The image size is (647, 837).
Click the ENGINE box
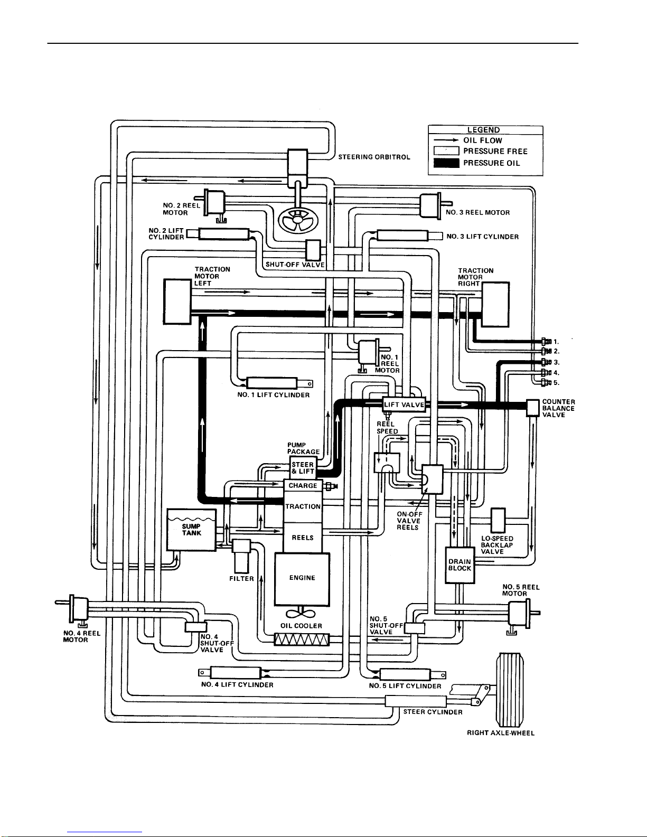tap(302, 579)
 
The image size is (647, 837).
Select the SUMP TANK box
tap(191, 530)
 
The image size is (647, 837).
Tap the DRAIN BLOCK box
tap(460, 565)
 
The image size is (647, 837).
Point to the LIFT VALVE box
tap(404, 405)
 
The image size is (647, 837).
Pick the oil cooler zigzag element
tap(302, 640)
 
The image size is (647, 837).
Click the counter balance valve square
tap(532, 408)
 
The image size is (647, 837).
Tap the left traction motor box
tap(177, 302)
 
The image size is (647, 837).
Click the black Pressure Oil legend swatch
tap(446, 163)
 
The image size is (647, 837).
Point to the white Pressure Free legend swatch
tap(446, 152)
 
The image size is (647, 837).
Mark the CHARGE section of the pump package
tap(303, 486)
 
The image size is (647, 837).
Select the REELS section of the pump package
tap(303, 538)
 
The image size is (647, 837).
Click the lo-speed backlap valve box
tap(498, 520)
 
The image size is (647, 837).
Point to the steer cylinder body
tap(415, 701)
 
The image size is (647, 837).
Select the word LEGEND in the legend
tap(483, 130)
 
